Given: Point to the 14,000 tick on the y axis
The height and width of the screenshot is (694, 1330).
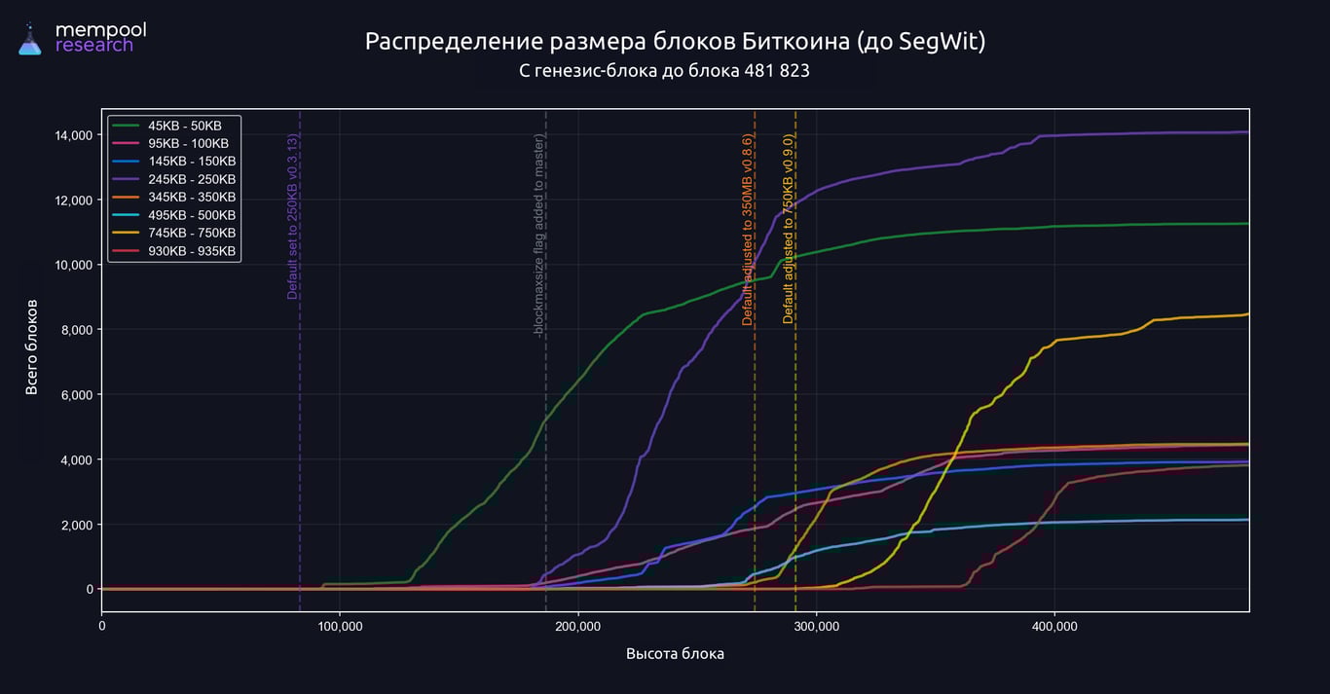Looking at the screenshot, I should tap(73, 134).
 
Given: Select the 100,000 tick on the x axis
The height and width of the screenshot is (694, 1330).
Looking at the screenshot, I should tap(340, 627).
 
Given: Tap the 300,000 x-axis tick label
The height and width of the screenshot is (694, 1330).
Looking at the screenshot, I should tap(816, 627).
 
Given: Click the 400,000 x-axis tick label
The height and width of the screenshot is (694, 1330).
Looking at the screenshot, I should tap(1054, 627).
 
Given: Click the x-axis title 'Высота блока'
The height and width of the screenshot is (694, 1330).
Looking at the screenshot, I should tap(675, 654).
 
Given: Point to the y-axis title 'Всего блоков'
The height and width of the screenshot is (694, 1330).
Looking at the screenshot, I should tap(32, 347).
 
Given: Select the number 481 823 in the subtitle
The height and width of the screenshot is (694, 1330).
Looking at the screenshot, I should tap(777, 71).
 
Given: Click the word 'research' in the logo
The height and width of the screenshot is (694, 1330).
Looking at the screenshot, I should tap(94, 46).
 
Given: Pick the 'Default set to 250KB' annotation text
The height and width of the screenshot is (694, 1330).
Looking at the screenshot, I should tap(292, 217).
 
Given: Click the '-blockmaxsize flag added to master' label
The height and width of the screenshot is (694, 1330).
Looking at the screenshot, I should tap(538, 237).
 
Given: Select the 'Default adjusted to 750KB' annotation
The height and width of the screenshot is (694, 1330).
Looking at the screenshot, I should tap(789, 230).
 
